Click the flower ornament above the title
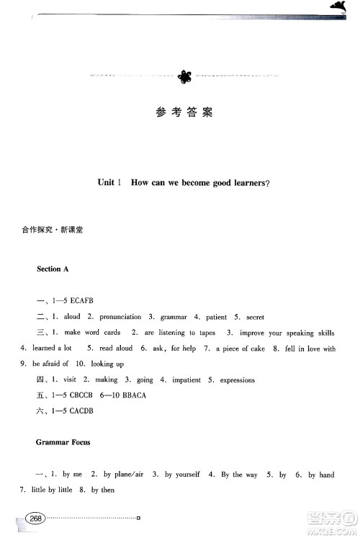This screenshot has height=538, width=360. coord(184,75)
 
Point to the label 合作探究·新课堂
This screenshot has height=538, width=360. coord(53,232)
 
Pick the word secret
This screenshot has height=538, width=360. coord(256,317)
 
